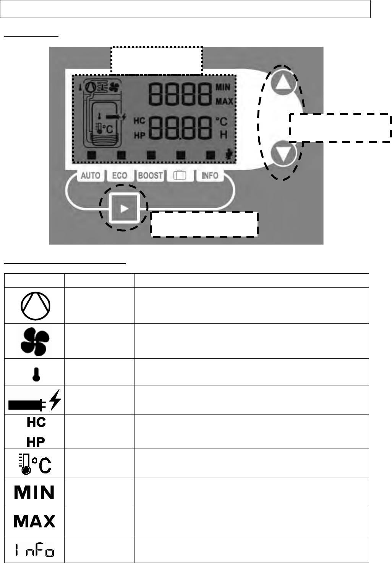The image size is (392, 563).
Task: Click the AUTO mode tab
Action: click(x=90, y=176)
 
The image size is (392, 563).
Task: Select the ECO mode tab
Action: click(x=119, y=176)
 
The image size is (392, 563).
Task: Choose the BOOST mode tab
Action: click(x=150, y=176)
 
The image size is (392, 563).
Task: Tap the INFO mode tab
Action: click(x=210, y=176)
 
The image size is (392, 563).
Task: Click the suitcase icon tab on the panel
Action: click(x=180, y=176)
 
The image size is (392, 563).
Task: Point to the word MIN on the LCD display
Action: click(x=223, y=88)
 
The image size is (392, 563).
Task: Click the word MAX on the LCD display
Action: click(x=224, y=102)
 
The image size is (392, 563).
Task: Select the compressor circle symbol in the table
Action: click(x=34, y=306)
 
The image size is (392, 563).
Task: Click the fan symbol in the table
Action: click(x=34, y=341)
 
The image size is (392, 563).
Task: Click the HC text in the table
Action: click(x=36, y=423)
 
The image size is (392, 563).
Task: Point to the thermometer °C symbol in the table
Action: click(x=34, y=463)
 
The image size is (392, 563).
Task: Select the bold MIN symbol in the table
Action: click(x=34, y=493)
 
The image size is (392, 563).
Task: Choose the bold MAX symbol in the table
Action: click(x=34, y=521)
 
